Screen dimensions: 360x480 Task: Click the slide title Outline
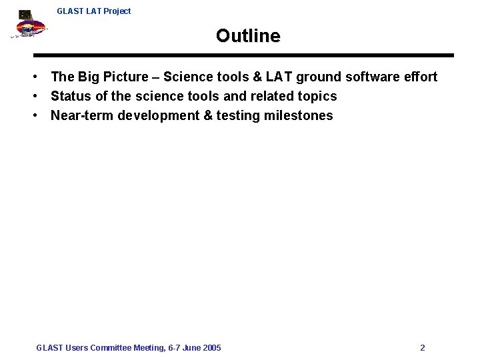click(248, 36)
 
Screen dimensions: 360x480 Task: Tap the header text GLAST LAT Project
click(94, 11)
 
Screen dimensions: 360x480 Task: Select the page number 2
click(423, 348)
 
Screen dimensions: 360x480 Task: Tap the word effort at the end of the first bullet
click(419, 77)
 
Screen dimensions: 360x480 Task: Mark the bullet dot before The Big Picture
click(41, 77)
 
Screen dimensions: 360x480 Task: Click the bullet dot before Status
click(41, 97)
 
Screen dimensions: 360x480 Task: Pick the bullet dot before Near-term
click(41, 116)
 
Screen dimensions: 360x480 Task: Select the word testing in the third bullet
click(238, 116)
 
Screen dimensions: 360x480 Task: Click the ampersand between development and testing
click(208, 116)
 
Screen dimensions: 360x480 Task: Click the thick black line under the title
click(243, 55)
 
